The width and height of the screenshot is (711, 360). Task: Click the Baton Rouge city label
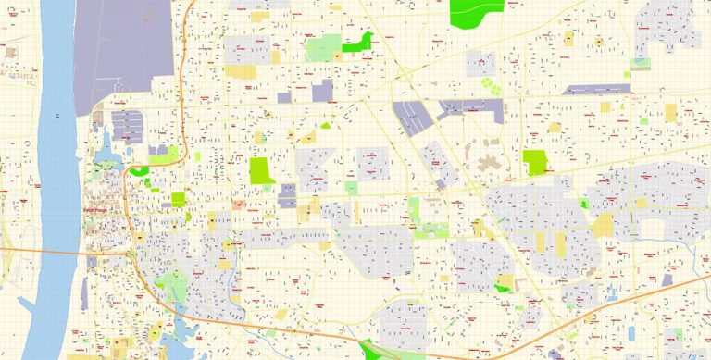coord(96,211)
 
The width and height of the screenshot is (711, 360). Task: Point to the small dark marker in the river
coord(58,116)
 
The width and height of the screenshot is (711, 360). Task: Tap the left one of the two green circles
coord(484,89)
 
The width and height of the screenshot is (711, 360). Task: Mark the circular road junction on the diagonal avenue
coord(405,74)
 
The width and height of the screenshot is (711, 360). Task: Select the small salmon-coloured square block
coord(239,205)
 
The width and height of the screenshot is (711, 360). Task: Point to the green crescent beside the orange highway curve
coord(139,169)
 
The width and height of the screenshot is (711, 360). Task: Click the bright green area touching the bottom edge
coord(380,352)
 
